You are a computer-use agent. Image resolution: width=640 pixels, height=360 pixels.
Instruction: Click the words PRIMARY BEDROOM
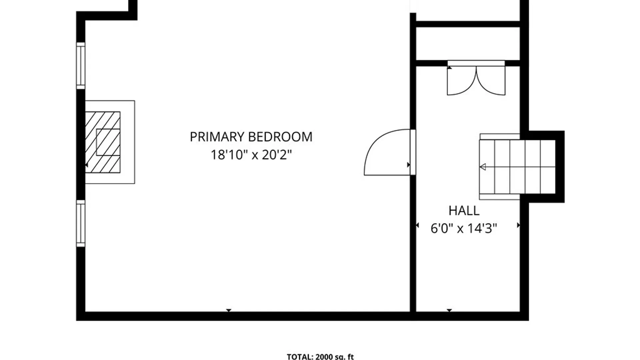tap(251, 137)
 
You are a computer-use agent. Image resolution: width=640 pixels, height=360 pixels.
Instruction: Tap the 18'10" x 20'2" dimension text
tap(251, 155)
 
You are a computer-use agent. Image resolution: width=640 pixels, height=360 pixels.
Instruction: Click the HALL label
tap(464, 211)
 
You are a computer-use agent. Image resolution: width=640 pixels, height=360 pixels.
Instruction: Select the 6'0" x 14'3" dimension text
tap(464, 229)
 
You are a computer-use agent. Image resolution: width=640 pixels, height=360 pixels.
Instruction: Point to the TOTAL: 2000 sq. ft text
tap(320, 357)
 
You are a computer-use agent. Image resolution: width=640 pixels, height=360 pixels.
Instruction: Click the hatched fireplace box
tap(103, 142)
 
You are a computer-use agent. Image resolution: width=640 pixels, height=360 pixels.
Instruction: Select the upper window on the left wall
tap(81, 66)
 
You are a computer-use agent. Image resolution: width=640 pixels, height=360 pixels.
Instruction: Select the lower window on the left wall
tap(81, 223)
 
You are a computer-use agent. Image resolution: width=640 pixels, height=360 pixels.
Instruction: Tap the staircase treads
tap(517, 167)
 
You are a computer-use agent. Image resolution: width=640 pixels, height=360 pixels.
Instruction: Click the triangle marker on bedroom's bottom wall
tap(229, 310)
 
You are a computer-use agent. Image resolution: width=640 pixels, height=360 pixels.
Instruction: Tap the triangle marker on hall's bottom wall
tap(449, 310)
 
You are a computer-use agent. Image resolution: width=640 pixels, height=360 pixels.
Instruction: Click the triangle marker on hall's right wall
tap(518, 225)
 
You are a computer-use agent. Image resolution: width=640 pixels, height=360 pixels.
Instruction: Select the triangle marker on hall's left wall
tap(417, 226)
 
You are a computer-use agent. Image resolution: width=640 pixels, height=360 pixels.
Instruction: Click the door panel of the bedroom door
tap(413, 152)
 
